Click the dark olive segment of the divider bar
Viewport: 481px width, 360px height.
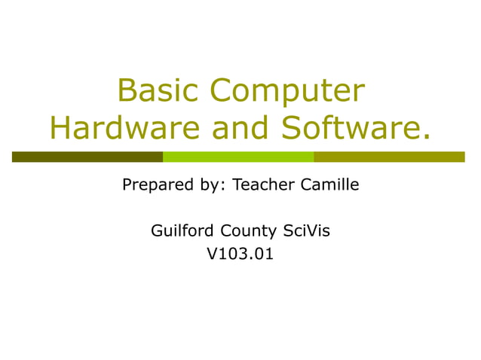click(x=87, y=157)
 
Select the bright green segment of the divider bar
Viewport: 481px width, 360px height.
click(x=238, y=157)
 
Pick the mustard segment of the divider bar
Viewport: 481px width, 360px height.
click(x=389, y=157)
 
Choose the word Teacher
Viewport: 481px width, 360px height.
click(x=261, y=184)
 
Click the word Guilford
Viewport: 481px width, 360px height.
click(x=183, y=230)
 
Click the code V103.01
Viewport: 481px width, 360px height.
click(x=240, y=255)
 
